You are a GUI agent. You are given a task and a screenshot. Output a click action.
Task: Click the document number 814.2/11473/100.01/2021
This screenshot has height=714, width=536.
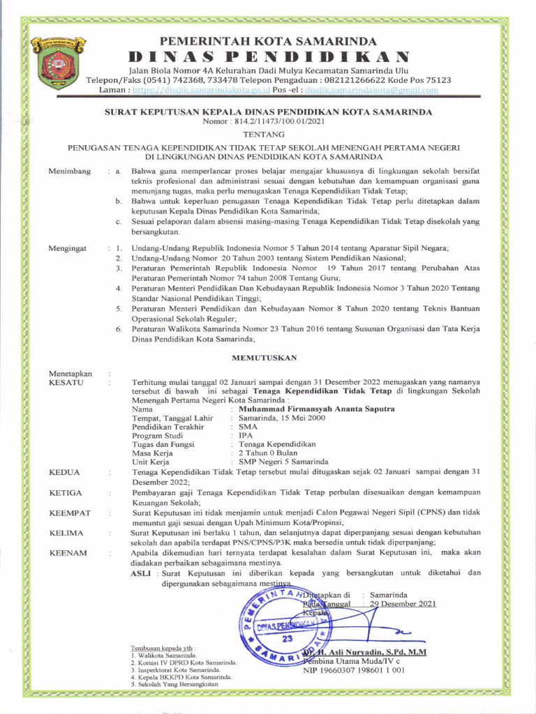click(263, 122)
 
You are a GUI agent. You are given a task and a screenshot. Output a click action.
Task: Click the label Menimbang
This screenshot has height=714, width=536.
click(69, 172)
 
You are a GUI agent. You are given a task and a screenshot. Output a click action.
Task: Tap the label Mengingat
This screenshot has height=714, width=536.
click(68, 248)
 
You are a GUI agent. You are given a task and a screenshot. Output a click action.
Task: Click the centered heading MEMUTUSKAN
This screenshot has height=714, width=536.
click(264, 358)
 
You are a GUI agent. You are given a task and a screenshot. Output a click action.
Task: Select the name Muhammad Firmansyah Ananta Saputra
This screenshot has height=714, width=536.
click(316, 409)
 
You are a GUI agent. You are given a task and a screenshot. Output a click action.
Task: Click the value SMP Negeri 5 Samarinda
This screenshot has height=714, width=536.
click(283, 462)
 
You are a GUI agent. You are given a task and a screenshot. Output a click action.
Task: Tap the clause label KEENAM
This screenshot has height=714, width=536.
click(68, 553)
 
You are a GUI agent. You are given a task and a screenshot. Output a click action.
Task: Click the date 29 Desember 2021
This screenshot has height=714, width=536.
click(403, 604)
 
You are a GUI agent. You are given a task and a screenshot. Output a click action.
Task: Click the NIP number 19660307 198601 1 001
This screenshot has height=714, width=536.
click(353, 671)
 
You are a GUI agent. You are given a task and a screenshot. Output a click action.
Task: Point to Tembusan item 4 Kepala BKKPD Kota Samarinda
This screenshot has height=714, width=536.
click(181, 677)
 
